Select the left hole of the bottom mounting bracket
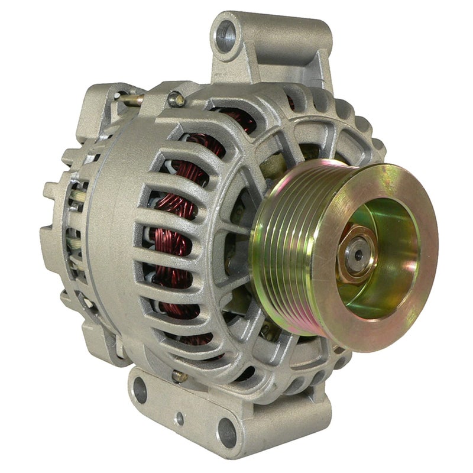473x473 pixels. point(140,389)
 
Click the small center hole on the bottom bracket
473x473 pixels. point(179,418)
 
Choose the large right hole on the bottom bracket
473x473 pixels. point(226,430)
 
